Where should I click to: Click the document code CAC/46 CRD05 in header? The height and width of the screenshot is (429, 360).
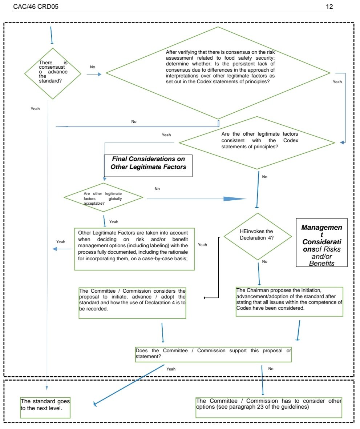(x=35, y=7)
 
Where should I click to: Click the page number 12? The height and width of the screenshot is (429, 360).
(x=330, y=7)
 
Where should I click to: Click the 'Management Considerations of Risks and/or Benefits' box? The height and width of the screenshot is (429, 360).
(x=321, y=242)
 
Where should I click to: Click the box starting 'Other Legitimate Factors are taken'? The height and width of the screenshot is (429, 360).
(x=134, y=249)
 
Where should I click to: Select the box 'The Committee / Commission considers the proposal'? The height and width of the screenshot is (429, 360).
(x=133, y=303)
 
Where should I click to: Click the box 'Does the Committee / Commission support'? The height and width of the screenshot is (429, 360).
(x=213, y=354)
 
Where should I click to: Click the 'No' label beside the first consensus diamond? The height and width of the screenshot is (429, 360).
(x=93, y=67)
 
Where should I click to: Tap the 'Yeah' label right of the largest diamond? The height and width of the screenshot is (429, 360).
(x=337, y=82)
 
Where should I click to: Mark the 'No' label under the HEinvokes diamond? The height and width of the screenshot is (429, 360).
(x=264, y=261)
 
